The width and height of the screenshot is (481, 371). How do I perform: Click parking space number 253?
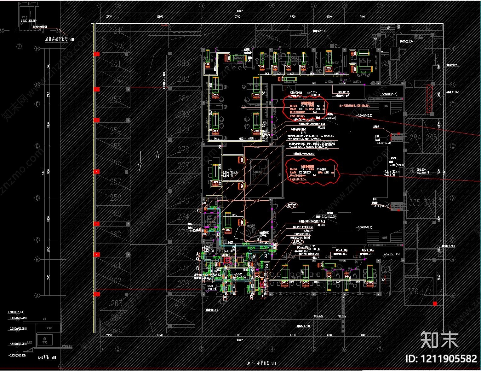tap(116, 100)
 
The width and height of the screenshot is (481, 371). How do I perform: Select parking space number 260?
tap(116, 234)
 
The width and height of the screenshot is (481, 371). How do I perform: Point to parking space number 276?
tap(183, 181)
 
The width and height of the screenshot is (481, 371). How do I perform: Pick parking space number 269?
tap(180, 303)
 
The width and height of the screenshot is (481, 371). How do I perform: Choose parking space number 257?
tap(116, 181)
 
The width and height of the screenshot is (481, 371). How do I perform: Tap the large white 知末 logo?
tap(439, 339)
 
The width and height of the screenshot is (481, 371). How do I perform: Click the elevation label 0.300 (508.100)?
tap(17, 312)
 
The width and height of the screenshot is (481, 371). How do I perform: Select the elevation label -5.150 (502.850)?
tap(17, 355)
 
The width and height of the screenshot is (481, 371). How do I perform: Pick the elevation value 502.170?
tap(318, 316)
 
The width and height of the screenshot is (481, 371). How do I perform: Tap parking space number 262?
tap(116, 280)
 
